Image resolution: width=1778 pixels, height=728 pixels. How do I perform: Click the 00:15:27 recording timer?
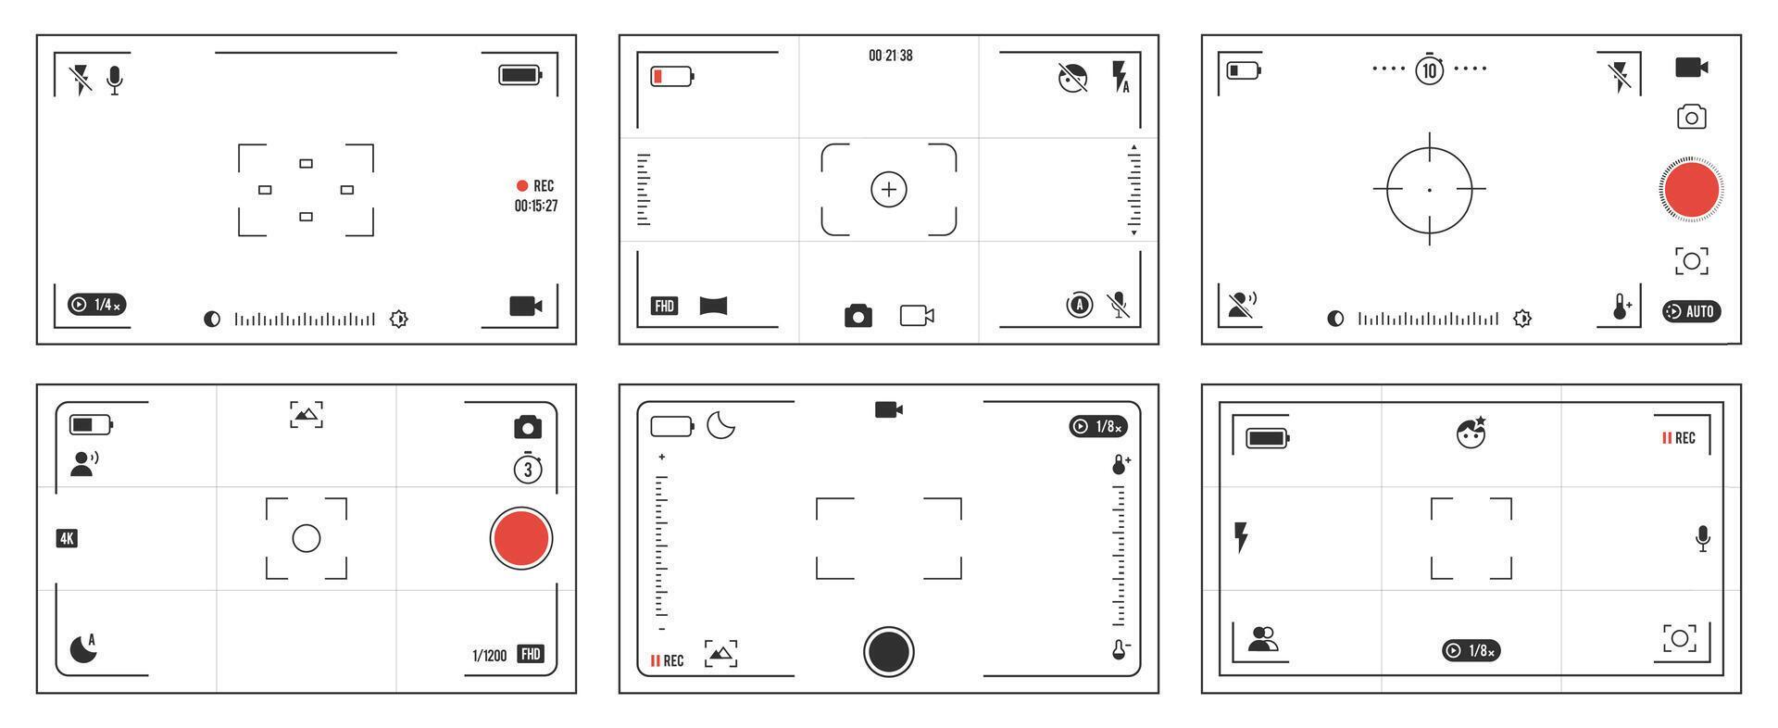pos(535,206)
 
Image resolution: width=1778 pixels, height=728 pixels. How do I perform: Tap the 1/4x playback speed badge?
pos(97,305)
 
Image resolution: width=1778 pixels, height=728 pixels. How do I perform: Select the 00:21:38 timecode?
pos(890,56)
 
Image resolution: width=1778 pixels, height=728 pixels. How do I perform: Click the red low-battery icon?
pos(672,76)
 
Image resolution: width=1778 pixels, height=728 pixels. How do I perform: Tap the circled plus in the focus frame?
pos(889,190)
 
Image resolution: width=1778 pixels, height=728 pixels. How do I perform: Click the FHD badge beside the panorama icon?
pos(664,306)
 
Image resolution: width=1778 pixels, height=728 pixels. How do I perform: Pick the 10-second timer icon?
pos(1429,69)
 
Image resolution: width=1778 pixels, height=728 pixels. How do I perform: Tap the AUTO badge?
pos(1691,311)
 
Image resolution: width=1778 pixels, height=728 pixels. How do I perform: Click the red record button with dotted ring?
pos(1691,189)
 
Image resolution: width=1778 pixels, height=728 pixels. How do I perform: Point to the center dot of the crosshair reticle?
pos(1429,190)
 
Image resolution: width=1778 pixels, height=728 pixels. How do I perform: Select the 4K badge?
pos(67,538)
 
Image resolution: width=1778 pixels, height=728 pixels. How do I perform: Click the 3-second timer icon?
pos(528,469)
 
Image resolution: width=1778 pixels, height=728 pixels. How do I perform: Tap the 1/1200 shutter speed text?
pos(490,656)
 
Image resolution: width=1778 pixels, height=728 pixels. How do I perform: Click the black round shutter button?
pos(889,651)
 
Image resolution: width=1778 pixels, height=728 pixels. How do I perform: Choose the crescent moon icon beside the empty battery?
pos(720,425)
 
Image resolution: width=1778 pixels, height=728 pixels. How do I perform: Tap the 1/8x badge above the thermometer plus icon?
pos(1098,426)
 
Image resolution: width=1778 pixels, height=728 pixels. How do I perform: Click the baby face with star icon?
pos(1471,433)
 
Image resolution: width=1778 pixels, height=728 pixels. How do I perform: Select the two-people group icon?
pos(1262,639)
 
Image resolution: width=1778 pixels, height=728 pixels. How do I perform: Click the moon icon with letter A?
pos(84,647)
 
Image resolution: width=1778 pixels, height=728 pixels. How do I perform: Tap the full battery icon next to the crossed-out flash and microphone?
pos(520,75)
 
